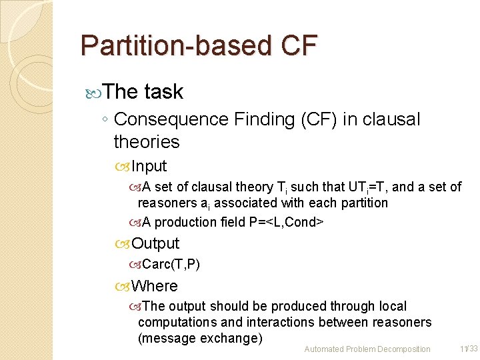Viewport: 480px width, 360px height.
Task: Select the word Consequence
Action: [171, 119]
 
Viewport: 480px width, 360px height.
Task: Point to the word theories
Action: [147, 141]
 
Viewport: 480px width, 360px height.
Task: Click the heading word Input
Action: [149, 166]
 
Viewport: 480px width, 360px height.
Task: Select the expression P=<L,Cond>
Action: [295, 222]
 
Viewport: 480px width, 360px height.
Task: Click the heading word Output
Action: [155, 243]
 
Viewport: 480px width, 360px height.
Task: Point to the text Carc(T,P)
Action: [171, 264]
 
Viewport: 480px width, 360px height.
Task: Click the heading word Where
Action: [155, 286]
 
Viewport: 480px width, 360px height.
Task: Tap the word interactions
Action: [284, 322]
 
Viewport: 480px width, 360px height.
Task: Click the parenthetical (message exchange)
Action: [200, 338]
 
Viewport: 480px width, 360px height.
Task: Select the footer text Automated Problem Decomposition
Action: [367, 349]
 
